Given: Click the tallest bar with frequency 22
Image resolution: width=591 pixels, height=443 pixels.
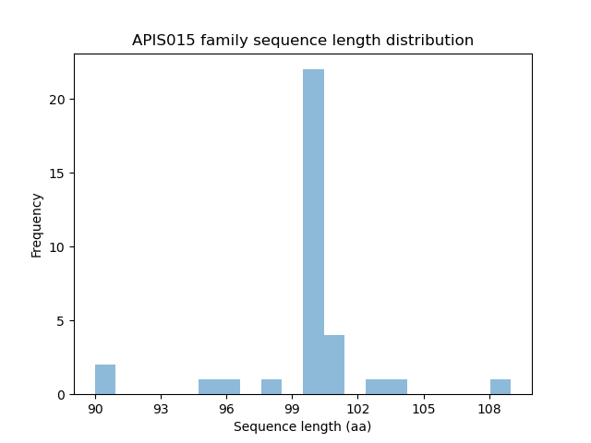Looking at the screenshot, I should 313,231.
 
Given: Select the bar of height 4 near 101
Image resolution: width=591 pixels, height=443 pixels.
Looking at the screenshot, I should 334,365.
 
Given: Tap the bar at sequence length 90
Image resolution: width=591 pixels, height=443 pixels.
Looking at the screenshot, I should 105,379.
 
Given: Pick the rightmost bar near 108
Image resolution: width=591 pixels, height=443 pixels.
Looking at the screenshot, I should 501,387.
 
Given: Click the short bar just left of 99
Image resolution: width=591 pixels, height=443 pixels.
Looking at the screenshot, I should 271,387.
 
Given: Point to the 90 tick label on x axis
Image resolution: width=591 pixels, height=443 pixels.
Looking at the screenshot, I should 95,409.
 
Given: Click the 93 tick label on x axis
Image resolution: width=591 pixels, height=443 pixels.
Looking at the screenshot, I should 161,409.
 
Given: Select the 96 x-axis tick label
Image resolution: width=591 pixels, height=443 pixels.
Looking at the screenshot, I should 226,409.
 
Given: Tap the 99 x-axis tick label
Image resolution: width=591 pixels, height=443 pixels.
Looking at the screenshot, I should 292,409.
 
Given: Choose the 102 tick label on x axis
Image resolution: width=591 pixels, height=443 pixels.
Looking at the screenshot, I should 357,409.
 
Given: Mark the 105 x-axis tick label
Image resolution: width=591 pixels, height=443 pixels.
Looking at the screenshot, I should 423,409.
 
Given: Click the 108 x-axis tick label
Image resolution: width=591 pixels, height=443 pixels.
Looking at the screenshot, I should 488,409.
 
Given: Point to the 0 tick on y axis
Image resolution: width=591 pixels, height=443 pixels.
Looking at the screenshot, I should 61,395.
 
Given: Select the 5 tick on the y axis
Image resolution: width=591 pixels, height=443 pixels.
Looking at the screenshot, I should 61,321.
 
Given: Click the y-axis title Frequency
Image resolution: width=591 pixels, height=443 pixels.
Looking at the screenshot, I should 37,224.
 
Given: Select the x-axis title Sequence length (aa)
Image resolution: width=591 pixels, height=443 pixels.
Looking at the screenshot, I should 302,426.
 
